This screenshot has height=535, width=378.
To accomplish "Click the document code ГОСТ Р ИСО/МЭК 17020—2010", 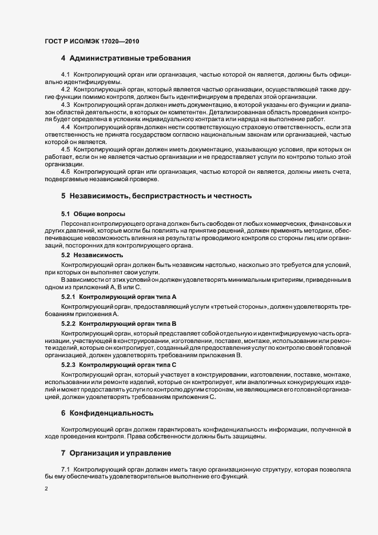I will [91, 41].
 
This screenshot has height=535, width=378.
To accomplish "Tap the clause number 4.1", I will [65, 75].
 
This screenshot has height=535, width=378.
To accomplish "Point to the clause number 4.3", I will [65, 105].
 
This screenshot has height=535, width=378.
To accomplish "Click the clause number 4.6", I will [65, 171].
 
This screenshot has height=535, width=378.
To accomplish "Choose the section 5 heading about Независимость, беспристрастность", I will [156, 196].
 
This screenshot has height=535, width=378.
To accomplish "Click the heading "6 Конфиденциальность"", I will [107, 412].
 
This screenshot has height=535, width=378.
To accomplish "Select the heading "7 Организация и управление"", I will [116, 453].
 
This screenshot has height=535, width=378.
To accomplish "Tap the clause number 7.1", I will [65, 469].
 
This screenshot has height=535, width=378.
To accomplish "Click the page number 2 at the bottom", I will [46, 489].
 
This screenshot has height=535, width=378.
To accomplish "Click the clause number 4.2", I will [65, 90].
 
